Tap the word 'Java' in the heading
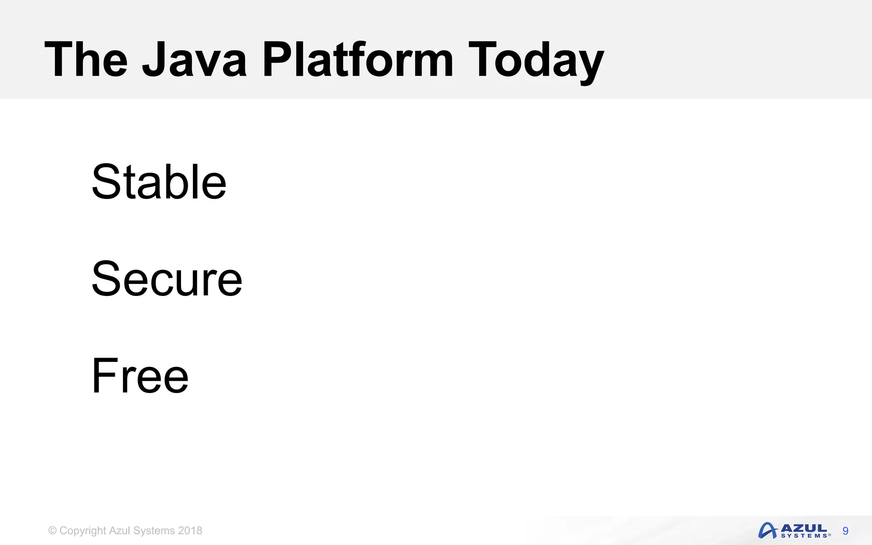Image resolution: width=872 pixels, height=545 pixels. click(x=194, y=59)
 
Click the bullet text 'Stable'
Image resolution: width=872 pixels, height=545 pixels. click(x=159, y=182)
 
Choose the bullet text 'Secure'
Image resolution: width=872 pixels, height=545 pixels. click(x=166, y=279)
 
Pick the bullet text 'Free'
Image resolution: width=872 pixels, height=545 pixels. click(x=140, y=376)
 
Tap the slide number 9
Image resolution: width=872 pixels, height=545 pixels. click(x=845, y=531)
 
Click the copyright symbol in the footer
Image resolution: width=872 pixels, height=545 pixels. click(x=52, y=531)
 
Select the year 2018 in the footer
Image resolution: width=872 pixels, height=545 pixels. click(x=190, y=531)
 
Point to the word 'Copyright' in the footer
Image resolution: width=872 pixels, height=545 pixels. click(x=83, y=531)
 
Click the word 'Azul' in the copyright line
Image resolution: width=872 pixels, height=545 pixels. click(x=119, y=531)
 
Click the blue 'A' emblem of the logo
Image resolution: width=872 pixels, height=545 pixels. click(x=768, y=531)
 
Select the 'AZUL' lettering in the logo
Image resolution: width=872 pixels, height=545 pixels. click(x=804, y=528)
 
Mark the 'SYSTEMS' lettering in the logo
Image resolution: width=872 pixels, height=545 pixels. click(x=805, y=536)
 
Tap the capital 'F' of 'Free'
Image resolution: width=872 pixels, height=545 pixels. click(x=103, y=376)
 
